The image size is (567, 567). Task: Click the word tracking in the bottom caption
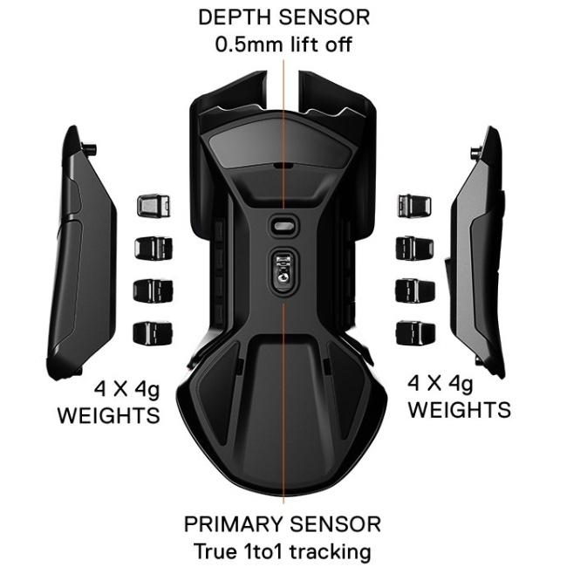point(331,552)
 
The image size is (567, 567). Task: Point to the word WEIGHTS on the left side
point(108,415)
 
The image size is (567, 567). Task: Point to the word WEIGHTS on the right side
point(460,410)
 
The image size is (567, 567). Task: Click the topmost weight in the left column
point(154,206)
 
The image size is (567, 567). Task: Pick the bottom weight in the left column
point(153,333)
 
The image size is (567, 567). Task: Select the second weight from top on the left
point(154,249)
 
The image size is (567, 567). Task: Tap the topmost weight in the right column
point(414,206)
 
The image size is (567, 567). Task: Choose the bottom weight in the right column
point(416,332)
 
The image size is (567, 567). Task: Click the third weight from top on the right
point(415,290)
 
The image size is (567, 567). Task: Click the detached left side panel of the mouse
point(82,253)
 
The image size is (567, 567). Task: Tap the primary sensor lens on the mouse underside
point(283,268)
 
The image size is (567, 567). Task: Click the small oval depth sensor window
point(283,226)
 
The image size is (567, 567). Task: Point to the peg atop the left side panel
point(90,148)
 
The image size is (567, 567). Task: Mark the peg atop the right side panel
point(475,153)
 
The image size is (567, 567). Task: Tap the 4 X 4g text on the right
point(440,383)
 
